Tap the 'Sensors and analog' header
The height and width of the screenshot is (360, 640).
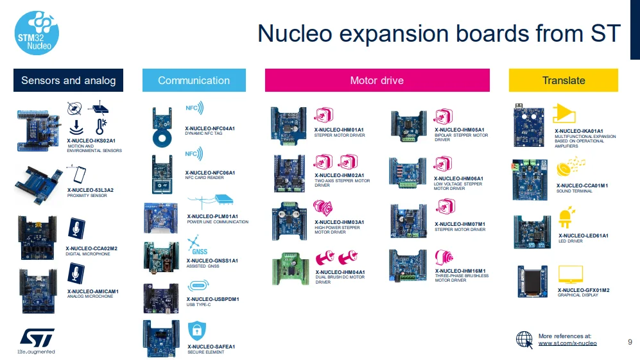coord(69,80)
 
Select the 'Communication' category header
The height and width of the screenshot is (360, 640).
coord(194,80)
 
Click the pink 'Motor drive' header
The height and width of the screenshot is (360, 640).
coord(377,80)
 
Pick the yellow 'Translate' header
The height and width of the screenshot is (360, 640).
coord(563,80)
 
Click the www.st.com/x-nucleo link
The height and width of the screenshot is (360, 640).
coord(567,343)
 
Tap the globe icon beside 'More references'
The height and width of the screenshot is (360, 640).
coord(525,339)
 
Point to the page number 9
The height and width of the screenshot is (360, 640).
coord(630,341)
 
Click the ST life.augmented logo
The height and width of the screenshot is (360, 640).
coord(36,340)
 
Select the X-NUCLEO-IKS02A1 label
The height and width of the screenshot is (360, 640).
coord(91,140)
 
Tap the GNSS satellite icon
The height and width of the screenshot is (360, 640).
coord(195,244)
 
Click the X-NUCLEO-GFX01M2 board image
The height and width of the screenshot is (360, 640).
coord(533,281)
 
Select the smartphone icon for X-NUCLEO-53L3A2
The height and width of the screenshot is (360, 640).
coord(77,175)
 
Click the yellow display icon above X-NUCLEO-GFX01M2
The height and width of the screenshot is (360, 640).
coord(570,275)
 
